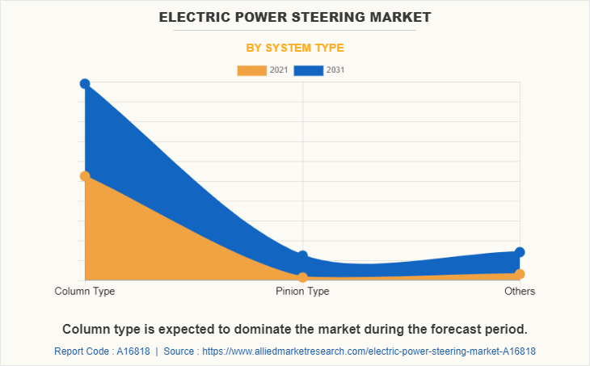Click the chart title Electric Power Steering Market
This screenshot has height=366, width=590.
(295, 16)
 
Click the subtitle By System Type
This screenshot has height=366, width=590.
(295, 48)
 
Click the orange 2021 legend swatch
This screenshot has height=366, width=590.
(251, 70)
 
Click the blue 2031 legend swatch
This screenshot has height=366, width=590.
(309, 70)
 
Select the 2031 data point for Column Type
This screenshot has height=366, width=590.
(85, 84)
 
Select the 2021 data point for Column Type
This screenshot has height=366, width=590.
(85, 176)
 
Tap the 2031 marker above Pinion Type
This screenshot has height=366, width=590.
(302, 256)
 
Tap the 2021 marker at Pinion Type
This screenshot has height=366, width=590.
(302, 277)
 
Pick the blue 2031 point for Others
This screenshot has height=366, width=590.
(520, 252)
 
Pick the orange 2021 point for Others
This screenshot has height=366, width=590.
(520, 274)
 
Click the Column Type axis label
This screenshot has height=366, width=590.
(85, 291)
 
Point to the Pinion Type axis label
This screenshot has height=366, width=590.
(302, 291)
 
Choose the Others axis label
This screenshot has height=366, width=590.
(520, 291)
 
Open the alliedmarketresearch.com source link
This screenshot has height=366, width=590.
(369, 351)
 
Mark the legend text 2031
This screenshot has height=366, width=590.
(335, 70)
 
